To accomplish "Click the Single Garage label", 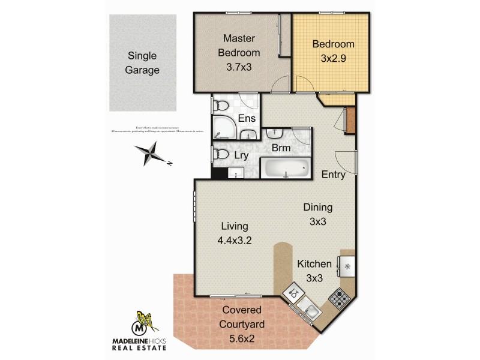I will point(143,62).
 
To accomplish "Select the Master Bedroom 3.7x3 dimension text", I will point(238,67).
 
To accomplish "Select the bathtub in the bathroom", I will point(285,168).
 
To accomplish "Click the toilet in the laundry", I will point(220,155).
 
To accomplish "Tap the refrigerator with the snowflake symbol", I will point(347,263).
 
